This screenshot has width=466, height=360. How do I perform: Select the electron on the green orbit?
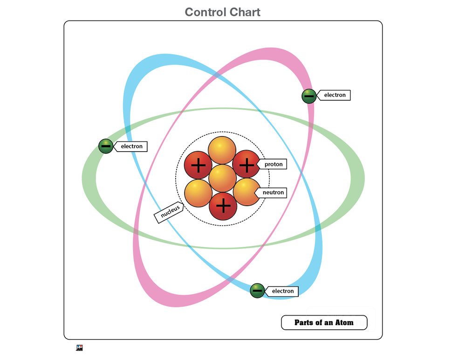106,146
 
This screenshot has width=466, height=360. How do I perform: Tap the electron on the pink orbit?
308,96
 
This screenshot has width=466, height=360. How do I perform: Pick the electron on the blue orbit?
257,291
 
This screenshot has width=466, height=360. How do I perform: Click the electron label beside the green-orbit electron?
131,146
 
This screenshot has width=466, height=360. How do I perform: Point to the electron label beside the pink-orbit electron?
335,95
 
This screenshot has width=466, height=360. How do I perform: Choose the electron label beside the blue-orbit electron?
282,291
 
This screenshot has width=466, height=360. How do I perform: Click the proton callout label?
273,164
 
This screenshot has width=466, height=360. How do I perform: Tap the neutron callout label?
273,192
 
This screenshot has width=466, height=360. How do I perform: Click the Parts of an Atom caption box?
324,322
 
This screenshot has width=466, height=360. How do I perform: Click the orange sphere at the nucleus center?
222,178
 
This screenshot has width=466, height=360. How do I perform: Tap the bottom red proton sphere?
223,206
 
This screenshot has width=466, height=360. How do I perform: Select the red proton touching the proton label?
246,164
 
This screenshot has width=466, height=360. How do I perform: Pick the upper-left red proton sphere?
198,165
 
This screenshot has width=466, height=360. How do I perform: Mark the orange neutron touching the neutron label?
246,192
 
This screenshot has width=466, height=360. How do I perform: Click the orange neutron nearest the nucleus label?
198,193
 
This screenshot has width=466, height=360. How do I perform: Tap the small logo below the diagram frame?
79,347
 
